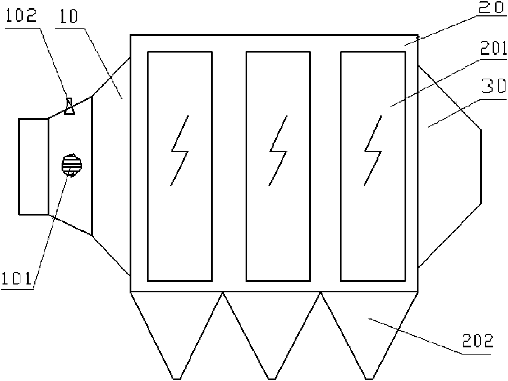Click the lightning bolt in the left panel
[x=179, y=150]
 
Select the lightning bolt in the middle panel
[x=278, y=150]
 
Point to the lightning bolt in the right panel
[x=373, y=150]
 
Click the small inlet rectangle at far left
[x=33, y=167]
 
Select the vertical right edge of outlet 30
[x=480, y=167]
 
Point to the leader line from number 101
[x=50, y=229]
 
